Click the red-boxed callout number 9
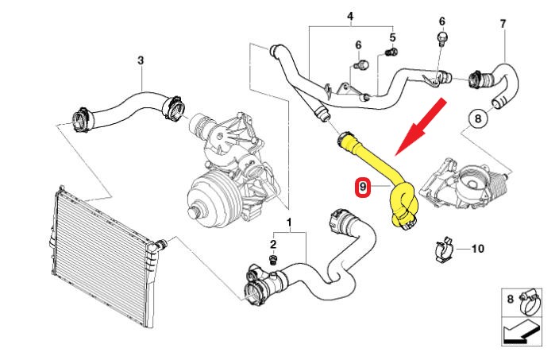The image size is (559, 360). point(363,187)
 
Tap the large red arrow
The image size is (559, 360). point(421,127)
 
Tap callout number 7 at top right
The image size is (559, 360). point(503,24)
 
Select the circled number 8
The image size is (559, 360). point(478,118)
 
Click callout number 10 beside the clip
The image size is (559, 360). point(478,248)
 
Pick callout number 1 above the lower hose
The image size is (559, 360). point(289,223)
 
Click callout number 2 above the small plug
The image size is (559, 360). point(273,245)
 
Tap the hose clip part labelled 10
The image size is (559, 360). point(444,249)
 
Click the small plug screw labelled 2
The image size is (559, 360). point(273,260)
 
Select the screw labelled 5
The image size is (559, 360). point(392,52)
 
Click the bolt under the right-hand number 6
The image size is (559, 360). point(442,39)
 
